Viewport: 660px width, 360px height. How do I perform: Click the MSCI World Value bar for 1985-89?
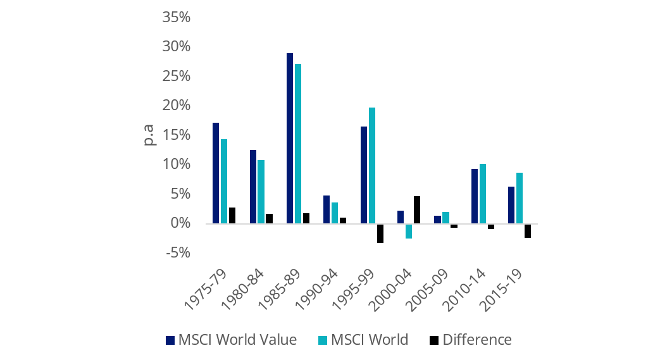(290, 138)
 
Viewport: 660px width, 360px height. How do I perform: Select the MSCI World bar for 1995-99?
(372, 165)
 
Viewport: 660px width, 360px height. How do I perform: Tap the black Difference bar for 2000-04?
(417, 209)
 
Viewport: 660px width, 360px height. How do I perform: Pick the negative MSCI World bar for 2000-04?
(409, 231)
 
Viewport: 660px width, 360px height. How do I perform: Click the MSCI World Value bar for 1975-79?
(216, 173)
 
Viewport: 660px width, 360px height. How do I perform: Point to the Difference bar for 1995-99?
(380, 233)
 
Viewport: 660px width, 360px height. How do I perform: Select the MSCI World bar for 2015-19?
(520, 198)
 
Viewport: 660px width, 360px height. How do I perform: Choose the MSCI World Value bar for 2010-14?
(475, 196)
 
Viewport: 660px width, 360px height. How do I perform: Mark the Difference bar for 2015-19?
(527, 230)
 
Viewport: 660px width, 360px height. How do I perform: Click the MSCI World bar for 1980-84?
(261, 192)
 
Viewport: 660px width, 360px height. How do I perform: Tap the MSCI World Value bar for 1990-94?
(327, 209)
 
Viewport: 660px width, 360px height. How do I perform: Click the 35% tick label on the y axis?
(176, 17)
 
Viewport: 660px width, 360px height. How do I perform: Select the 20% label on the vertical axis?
(176, 106)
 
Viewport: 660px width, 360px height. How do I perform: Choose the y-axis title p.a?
(149, 135)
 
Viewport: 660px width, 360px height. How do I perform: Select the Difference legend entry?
(476, 340)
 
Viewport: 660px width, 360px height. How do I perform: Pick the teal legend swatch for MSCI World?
(321, 340)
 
